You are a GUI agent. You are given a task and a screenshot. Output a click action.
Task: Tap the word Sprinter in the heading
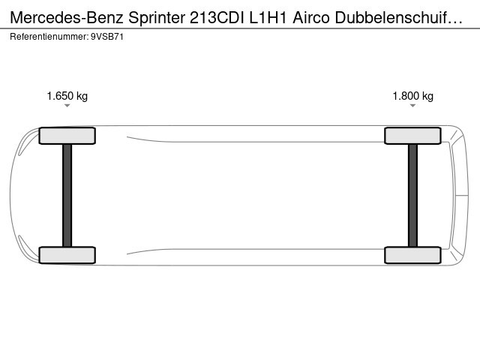point(157,19)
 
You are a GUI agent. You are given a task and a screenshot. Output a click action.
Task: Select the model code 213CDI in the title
point(217,18)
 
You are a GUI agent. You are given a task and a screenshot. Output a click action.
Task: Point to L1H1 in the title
point(268,18)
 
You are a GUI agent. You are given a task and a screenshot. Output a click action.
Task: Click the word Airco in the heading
point(311,18)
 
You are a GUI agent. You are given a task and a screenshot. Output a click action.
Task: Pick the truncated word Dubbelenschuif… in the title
point(398,18)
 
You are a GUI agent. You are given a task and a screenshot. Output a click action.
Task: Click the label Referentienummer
point(49,37)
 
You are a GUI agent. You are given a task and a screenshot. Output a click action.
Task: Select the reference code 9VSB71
point(107,37)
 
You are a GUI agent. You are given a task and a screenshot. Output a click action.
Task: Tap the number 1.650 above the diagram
point(60,96)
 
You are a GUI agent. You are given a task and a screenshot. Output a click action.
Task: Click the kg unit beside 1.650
point(82,97)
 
